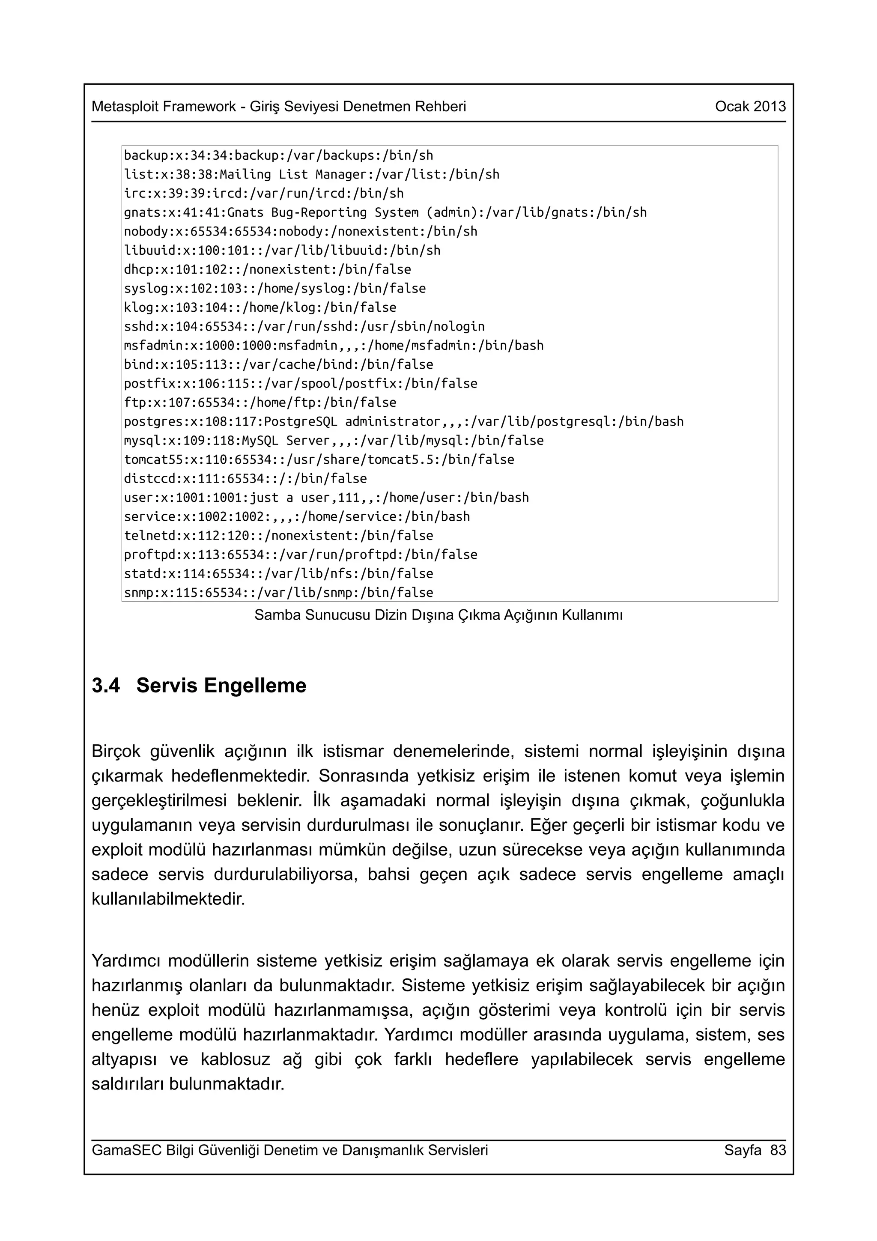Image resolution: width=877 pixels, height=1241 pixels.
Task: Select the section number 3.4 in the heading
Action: tap(106, 685)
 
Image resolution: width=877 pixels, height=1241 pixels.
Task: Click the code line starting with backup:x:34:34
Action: tap(278, 156)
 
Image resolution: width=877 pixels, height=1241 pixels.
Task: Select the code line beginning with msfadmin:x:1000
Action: tap(334, 346)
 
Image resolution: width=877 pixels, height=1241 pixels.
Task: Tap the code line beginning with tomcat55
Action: tap(319, 459)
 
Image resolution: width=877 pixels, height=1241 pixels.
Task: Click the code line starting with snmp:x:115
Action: tap(278, 592)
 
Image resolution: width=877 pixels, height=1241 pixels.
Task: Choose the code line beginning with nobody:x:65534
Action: tap(301, 231)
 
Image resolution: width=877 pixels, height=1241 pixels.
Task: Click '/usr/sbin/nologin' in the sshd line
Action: tap(426, 326)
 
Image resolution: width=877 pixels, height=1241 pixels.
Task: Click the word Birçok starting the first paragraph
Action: tap(116, 751)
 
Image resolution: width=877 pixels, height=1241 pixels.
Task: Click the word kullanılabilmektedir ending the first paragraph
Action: tap(168, 899)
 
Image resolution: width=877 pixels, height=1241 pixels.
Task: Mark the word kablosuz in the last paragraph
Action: tap(235, 1059)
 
